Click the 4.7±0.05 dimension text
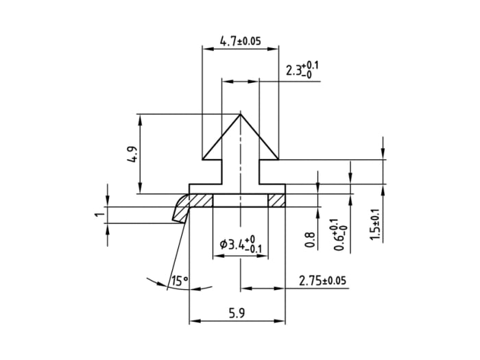click(x=240, y=41)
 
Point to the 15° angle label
click(x=180, y=280)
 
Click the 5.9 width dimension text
click(x=238, y=313)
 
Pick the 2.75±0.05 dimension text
click(x=322, y=280)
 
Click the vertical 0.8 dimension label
click(x=309, y=239)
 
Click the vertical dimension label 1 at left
click(x=99, y=215)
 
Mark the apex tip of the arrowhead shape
click(x=240, y=114)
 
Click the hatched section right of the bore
click(x=276, y=200)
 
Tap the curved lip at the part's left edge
click(x=180, y=206)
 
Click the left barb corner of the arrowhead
click(x=202, y=159)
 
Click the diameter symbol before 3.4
click(x=224, y=244)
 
